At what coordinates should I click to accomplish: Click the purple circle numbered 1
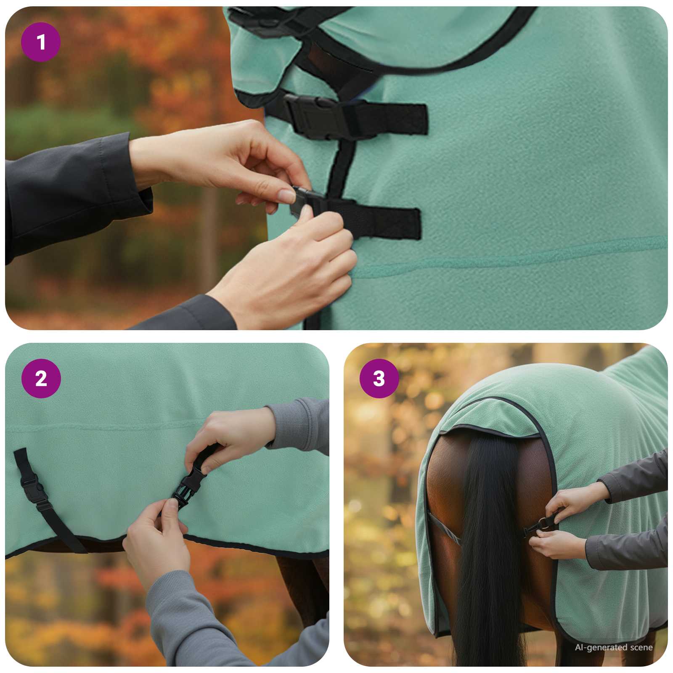[41, 42]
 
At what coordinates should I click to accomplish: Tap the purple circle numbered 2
[41, 379]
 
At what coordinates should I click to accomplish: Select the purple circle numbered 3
[379, 379]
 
